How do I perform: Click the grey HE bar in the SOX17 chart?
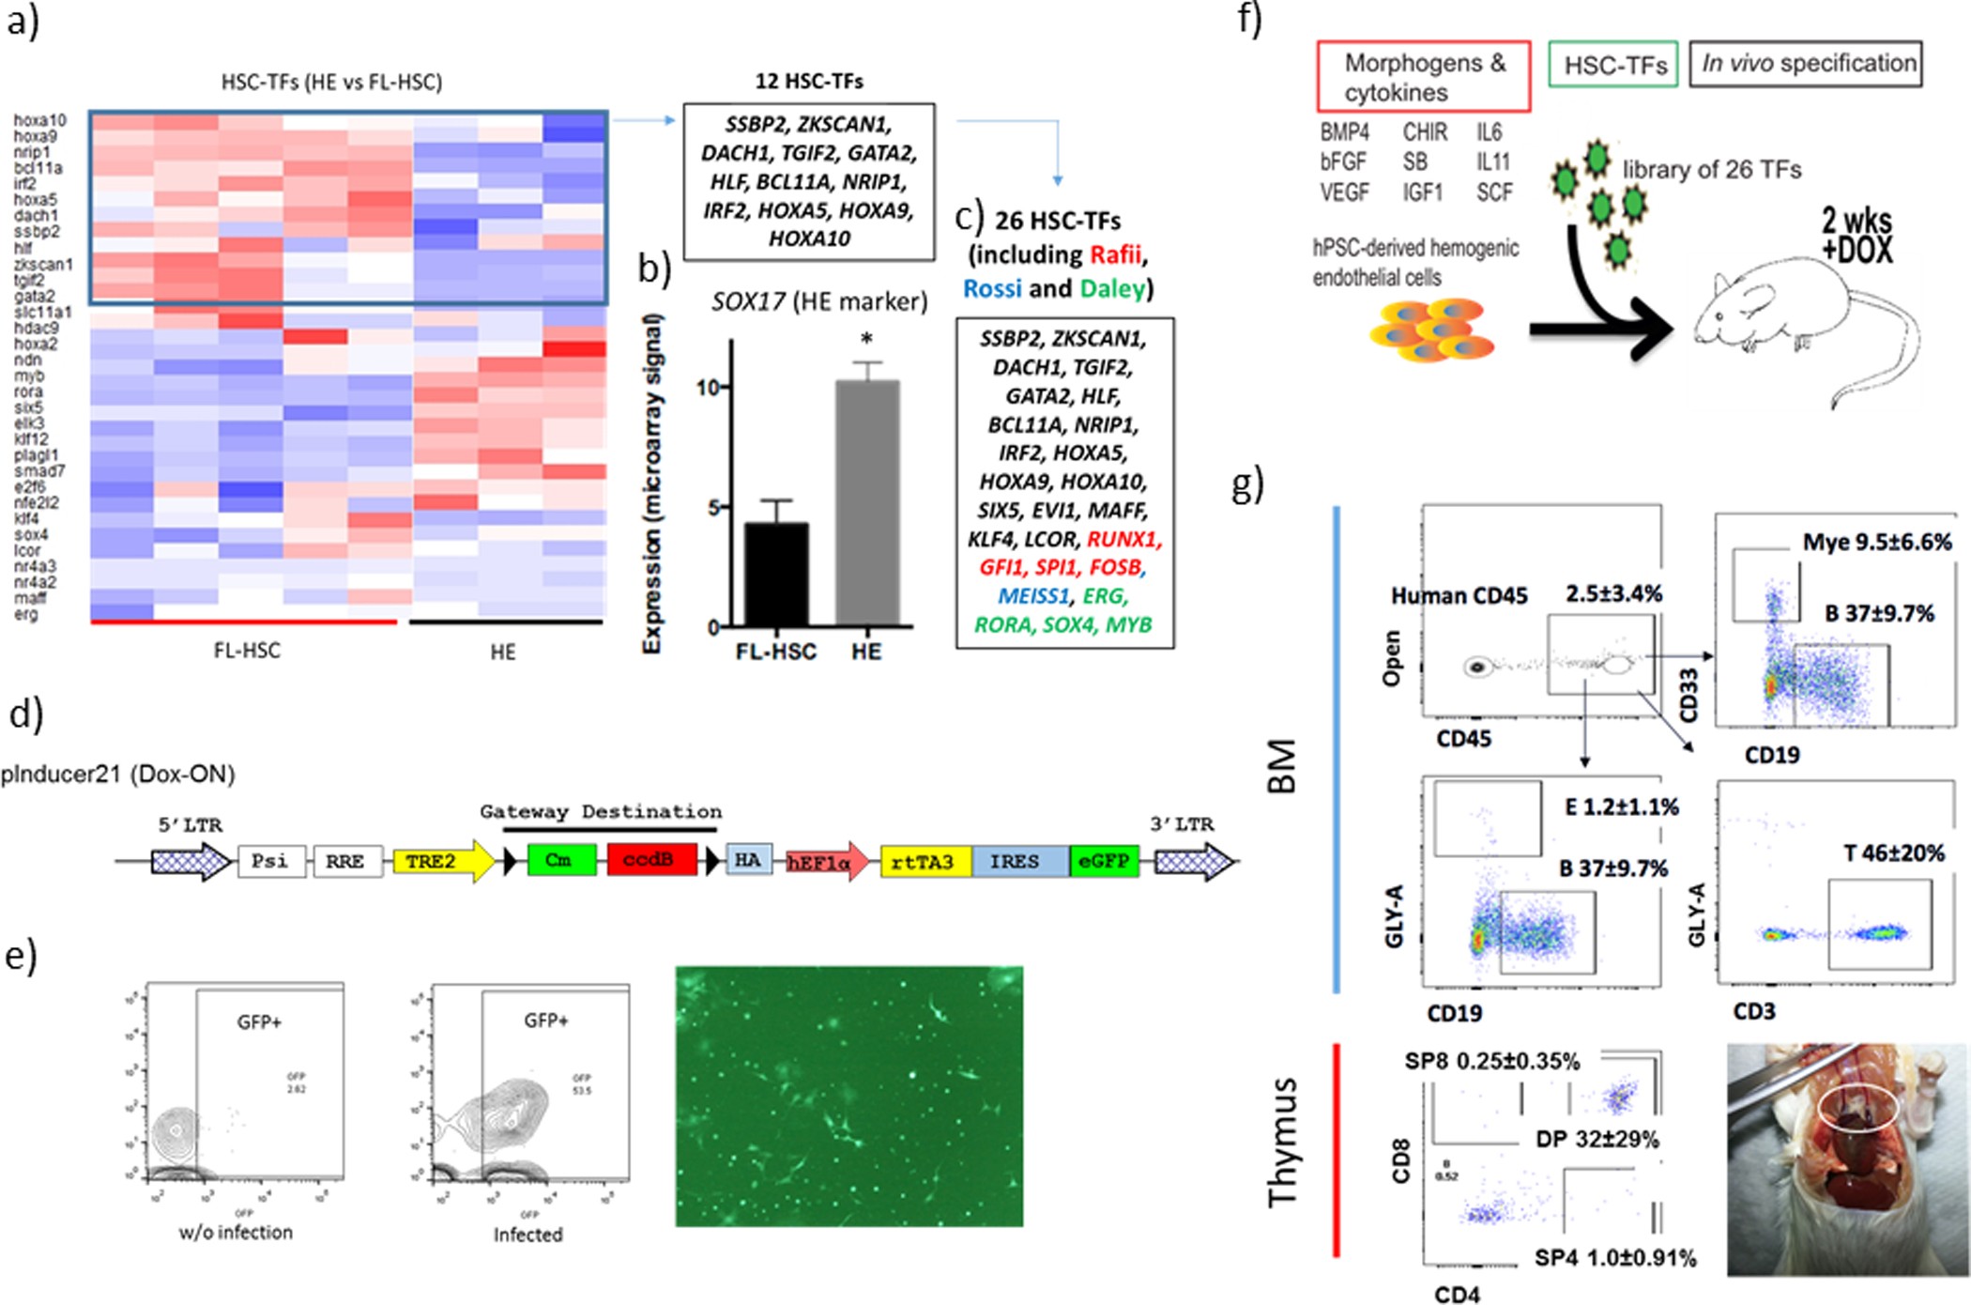coord(867,502)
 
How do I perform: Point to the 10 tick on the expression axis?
coord(709,387)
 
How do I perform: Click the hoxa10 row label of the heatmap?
coord(39,120)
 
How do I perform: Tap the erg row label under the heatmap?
coord(26,614)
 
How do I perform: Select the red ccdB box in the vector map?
coord(651,860)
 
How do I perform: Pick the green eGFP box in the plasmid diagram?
coord(1104,861)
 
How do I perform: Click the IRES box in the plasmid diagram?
coord(1016,861)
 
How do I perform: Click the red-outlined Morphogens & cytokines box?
coord(1423,77)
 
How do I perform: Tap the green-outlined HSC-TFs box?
coord(1613,65)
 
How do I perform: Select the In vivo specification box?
coord(1807,64)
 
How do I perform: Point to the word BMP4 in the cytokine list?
coord(1344,132)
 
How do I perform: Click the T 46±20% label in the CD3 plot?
coord(1893,853)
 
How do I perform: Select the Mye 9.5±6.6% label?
coord(1876,542)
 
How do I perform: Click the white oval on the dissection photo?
coord(1858,1108)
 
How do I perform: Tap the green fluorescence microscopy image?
coord(848,1096)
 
